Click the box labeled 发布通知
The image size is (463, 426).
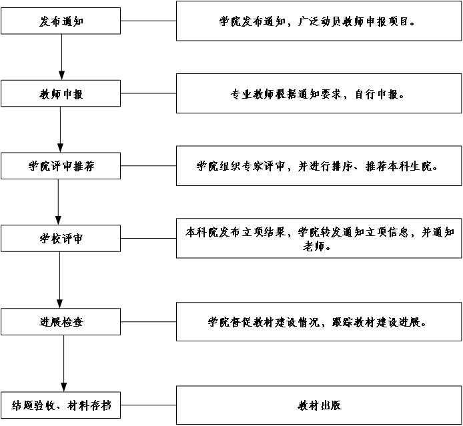[x=61, y=21]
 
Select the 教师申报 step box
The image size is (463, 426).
[x=61, y=95]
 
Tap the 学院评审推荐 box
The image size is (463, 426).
[x=61, y=166]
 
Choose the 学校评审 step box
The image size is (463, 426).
[x=61, y=239]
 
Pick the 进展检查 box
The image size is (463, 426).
[x=61, y=322]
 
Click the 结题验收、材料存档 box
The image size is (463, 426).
[x=61, y=405]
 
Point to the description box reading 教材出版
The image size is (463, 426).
[x=319, y=405]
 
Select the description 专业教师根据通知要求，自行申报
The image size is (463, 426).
[x=319, y=95]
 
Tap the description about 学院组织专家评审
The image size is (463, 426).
[x=319, y=166]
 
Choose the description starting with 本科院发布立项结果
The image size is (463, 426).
[x=319, y=239]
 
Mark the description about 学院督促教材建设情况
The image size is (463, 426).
[x=319, y=322]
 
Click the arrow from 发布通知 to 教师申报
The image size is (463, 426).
[x=61, y=57]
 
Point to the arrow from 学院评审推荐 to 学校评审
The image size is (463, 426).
[x=58, y=202]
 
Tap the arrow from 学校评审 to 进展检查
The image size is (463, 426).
[x=60, y=280]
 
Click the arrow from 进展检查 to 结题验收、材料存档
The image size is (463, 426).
[x=64, y=363]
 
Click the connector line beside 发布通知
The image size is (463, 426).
[x=149, y=21]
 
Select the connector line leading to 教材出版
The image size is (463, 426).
[x=149, y=405]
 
